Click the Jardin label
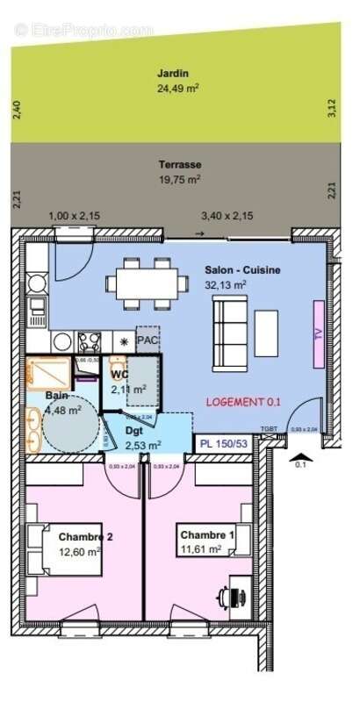point(173,74)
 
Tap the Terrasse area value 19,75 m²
point(179,178)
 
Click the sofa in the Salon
point(229,333)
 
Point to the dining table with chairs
point(146,283)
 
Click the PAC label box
point(147,339)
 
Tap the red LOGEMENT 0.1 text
point(243,401)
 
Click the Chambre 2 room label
point(86,537)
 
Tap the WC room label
point(120,375)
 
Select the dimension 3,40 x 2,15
point(227,215)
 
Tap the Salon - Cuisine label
point(242,270)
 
